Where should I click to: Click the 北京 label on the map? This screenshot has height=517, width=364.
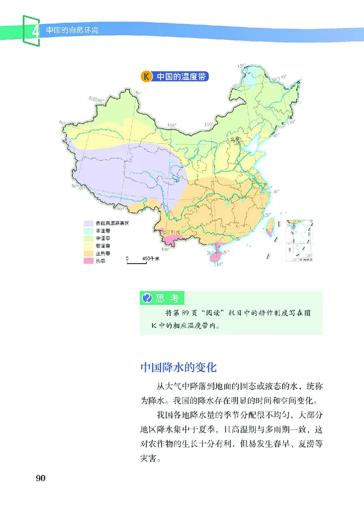pos(234,139)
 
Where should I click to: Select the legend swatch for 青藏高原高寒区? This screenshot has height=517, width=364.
pos(88,223)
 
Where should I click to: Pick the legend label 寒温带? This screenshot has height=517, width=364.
pos(102,231)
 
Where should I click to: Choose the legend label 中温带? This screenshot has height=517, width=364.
pos(102,238)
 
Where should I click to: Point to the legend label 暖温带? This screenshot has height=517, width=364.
pos(102,246)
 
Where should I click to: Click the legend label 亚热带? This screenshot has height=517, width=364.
pos(102,253)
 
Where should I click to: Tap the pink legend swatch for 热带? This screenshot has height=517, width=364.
pos(88,261)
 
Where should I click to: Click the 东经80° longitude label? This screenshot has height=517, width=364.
pos(96,99)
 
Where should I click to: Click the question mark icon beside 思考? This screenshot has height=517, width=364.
pos(147,298)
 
